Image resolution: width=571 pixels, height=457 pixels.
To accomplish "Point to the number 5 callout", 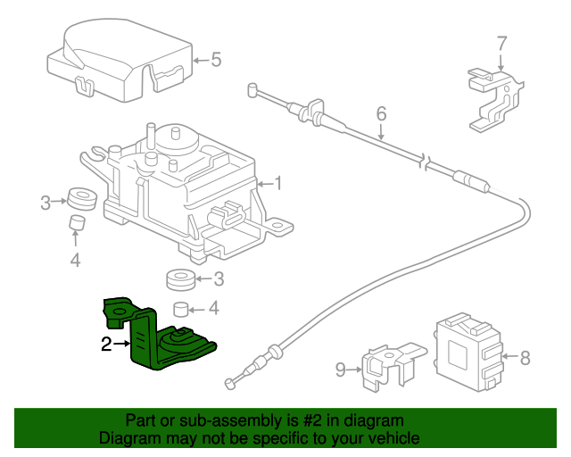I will (215, 61).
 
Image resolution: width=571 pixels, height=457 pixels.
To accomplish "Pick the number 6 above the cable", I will (381, 114).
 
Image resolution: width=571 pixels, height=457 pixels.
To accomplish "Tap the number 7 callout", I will (501, 42).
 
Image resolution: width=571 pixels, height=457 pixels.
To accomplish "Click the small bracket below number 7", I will (492, 98).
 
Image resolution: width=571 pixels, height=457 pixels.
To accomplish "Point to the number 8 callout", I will (525, 359).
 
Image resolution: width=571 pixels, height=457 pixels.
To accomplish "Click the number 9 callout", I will (340, 366).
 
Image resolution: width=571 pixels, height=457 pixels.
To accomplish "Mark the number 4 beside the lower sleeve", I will (213, 310).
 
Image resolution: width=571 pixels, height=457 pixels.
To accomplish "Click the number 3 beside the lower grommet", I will (219, 279).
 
